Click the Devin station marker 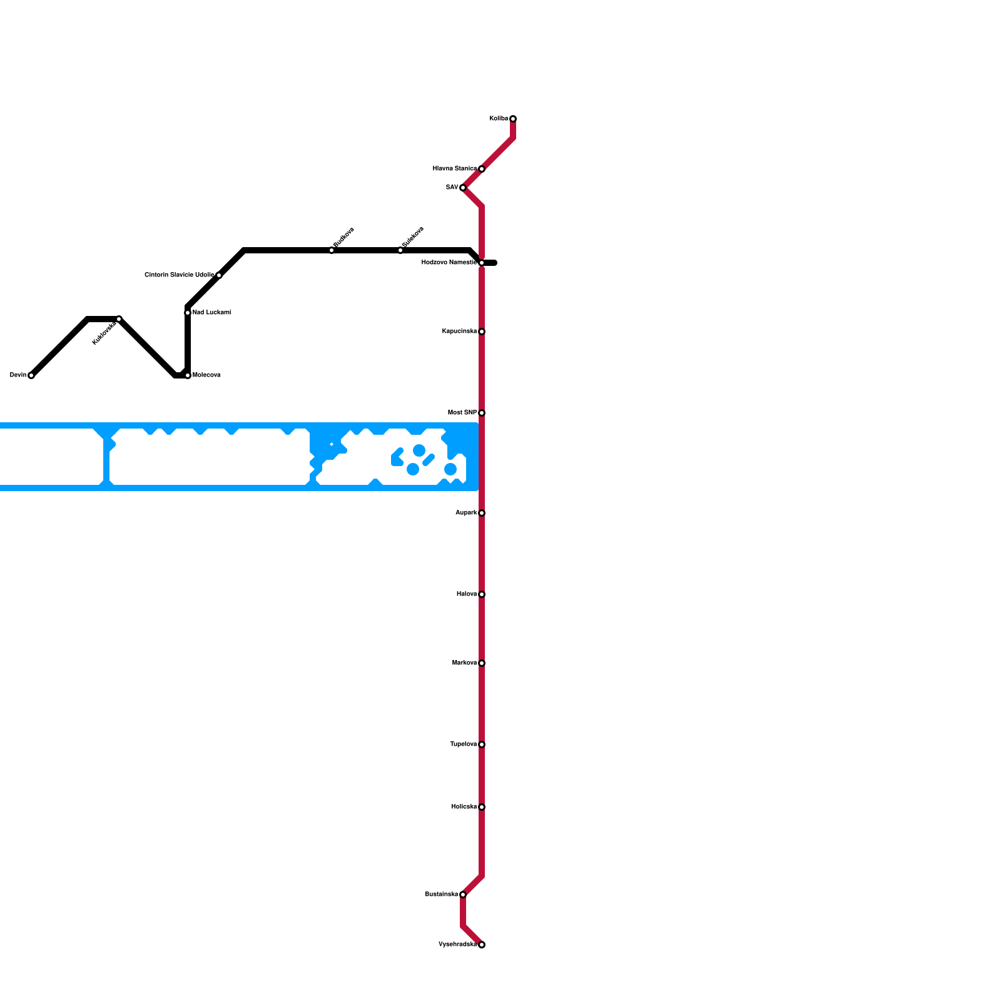pos(31,375)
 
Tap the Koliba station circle pos(513,119)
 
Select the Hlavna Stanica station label pos(454,169)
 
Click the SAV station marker pos(463,188)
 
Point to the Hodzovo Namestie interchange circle pos(482,263)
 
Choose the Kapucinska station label pos(459,332)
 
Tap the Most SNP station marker pos(482,413)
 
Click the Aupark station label pos(466,513)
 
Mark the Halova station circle pos(482,594)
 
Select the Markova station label pos(464,663)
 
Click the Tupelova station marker pos(482,744)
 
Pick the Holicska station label pos(464,807)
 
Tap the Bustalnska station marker pos(463,895)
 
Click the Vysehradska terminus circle pos(482,945)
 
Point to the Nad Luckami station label pos(212,313)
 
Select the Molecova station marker pos(188,375)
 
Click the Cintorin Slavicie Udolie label pos(179,275)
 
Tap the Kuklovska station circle pos(119,319)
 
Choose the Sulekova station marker pos(400,250)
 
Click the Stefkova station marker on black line pos(332,250)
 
